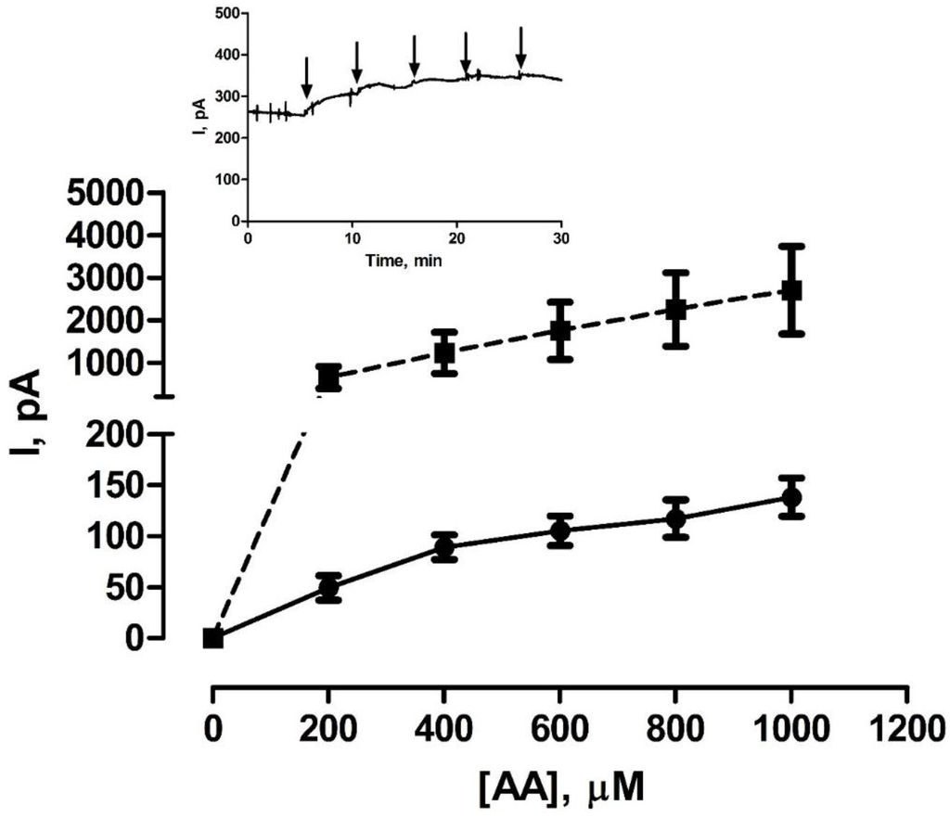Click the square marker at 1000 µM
pos(791,290)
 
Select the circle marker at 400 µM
pos(444,547)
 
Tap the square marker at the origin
pos(213,638)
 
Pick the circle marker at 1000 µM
pos(791,498)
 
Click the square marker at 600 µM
pos(559,330)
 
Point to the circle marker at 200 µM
pos(328,587)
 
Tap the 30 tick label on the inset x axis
pos(560,237)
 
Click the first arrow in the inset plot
pos(306,77)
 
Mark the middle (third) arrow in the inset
pos(415,57)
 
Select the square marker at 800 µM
pos(675,310)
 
